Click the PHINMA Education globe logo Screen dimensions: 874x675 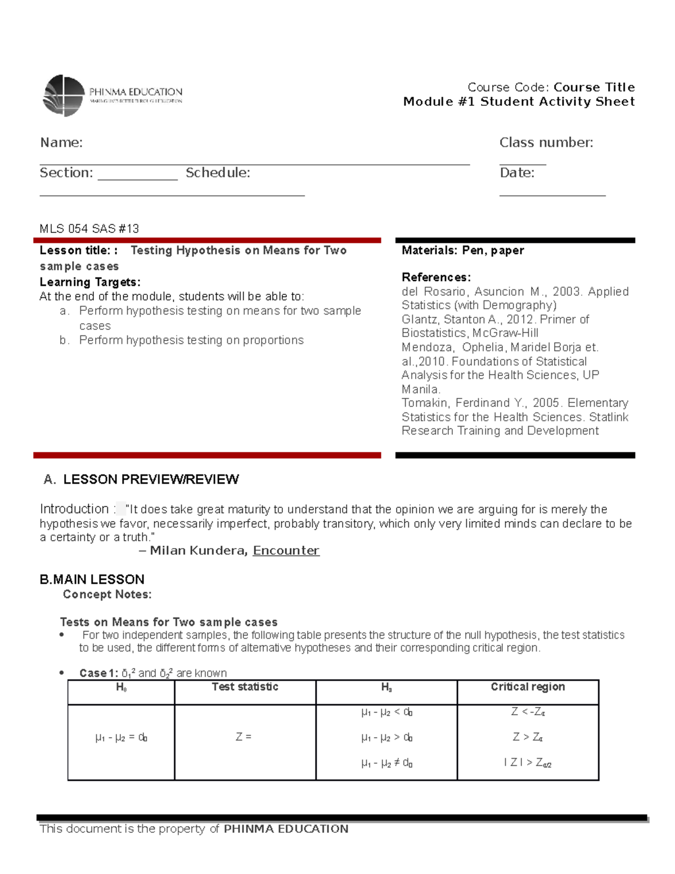click(64, 96)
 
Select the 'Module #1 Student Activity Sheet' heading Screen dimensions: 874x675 click(519, 102)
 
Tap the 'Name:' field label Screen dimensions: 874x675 click(61, 143)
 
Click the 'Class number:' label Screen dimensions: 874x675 click(546, 143)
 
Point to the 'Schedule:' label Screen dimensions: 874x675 click(218, 173)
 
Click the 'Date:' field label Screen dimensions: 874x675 click(517, 173)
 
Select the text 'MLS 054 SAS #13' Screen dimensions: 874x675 click(89, 228)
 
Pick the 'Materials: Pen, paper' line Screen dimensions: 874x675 click(462, 250)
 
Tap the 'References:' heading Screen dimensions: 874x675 click(436, 277)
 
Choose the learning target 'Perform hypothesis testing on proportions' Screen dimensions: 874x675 click(191, 340)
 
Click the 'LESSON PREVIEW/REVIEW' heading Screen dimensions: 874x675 click(151, 479)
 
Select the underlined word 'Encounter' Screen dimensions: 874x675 click(286, 550)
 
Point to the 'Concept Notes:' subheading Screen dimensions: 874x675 click(107, 594)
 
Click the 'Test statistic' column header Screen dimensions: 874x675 click(245, 687)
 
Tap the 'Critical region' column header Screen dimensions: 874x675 click(528, 687)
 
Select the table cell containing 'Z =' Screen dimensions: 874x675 click(244, 737)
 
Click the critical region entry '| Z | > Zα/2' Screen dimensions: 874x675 click(528, 763)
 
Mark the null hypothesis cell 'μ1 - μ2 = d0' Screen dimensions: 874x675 click(121, 737)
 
